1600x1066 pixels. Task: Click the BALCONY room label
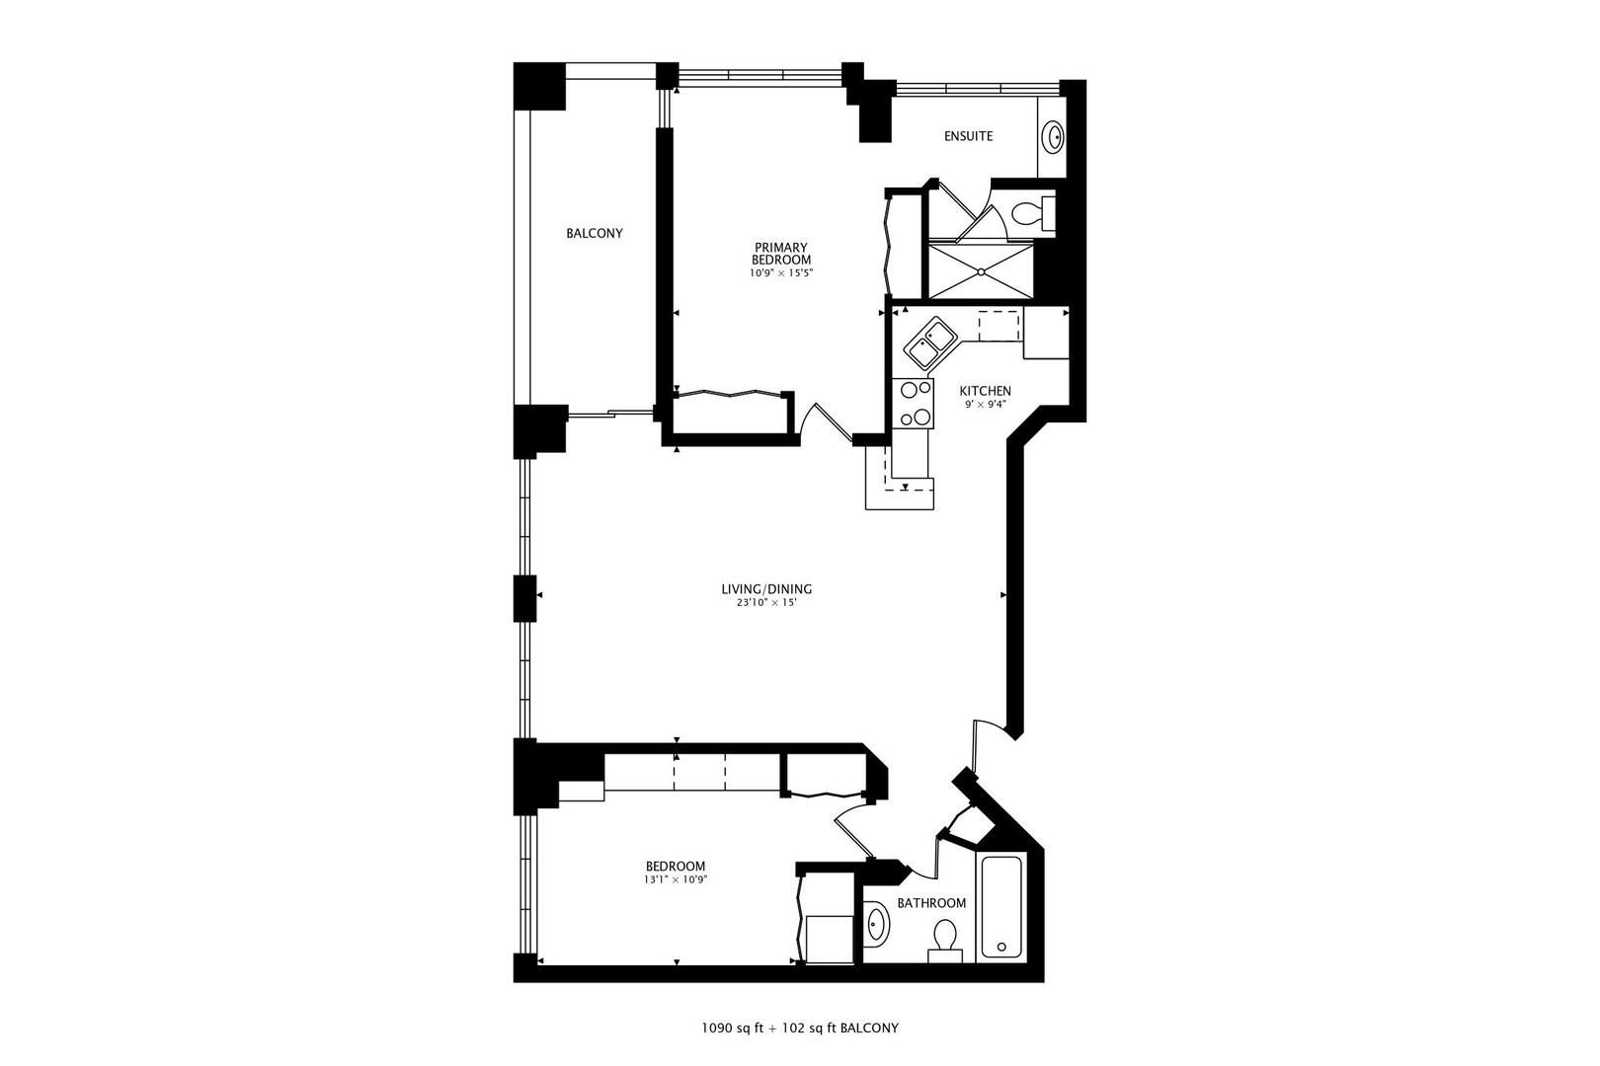(595, 234)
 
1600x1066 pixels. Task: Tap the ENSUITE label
(968, 136)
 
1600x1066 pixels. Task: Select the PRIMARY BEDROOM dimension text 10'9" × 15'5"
(781, 273)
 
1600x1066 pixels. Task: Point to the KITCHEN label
(985, 391)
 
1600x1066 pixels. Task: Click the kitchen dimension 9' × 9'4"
(985, 404)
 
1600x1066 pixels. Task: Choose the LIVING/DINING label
(766, 589)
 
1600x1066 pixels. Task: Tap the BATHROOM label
(931, 903)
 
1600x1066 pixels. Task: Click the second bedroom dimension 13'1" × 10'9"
(676, 879)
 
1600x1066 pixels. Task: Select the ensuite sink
(1055, 137)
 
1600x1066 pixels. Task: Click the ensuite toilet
(1031, 213)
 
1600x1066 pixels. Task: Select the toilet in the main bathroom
(945, 938)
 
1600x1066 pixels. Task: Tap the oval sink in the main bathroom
(876, 924)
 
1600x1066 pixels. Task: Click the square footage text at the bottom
(800, 1028)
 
